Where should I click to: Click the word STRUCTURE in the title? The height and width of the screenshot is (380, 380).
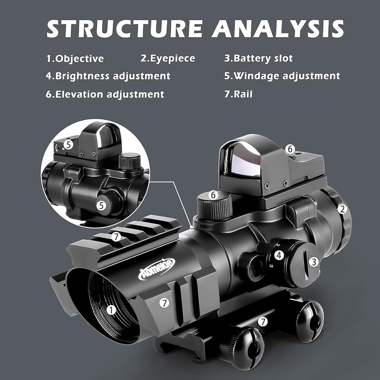click(x=125, y=28)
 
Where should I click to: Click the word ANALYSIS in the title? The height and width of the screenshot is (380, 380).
click(x=278, y=28)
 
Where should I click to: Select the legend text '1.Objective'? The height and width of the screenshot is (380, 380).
click(x=75, y=59)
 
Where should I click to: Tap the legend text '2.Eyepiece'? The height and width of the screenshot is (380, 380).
click(x=168, y=59)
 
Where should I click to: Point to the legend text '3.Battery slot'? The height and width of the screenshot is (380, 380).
click(x=258, y=58)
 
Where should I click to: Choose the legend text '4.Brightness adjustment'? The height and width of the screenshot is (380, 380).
click(x=108, y=76)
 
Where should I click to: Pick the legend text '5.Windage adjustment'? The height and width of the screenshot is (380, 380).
click(x=282, y=76)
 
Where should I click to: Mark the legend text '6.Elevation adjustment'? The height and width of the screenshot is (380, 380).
click(x=105, y=94)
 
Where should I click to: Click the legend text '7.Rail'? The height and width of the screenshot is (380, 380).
click(x=238, y=94)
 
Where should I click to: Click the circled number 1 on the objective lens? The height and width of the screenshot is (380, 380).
click(x=111, y=310)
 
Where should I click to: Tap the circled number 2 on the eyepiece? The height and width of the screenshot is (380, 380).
click(x=342, y=209)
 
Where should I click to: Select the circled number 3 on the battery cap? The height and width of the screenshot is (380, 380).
click(x=314, y=262)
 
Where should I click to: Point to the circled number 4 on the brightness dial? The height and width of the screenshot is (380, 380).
click(x=279, y=255)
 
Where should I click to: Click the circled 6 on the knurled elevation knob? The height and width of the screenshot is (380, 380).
click(x=213, y=195)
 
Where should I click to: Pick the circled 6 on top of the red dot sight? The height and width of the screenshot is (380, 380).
click(x=290, y=149)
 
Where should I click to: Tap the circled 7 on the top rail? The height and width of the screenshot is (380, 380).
click(x=116, y=236)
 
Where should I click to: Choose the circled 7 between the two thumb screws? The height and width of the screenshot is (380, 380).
click(x=263, y=321)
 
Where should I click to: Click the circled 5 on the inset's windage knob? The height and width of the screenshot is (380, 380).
click(x=101, y=206)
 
